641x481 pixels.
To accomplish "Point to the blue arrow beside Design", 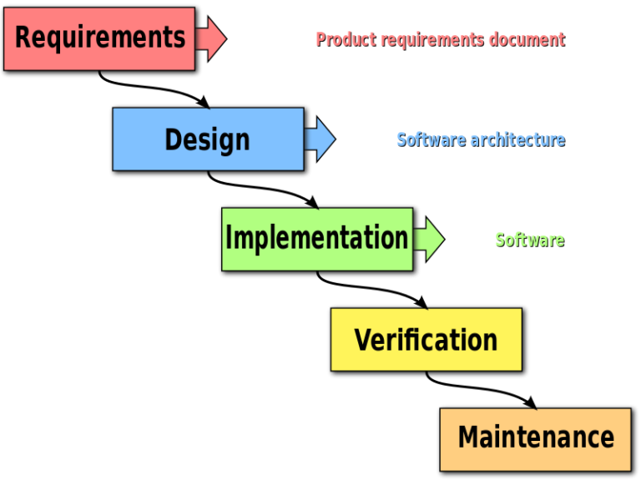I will [320, 139].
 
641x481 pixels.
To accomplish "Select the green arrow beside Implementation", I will [429, 240].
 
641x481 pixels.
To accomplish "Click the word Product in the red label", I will [346, 39].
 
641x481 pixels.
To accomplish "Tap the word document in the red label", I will [526, 39].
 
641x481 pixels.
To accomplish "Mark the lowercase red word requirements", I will [432, 39].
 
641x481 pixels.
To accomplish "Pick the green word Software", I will [529, 240].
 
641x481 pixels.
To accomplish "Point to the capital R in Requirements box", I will [23, 38].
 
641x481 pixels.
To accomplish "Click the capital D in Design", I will [173, 139].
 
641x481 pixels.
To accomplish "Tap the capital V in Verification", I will [363, 341].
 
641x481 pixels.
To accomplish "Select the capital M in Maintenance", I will [469, 438].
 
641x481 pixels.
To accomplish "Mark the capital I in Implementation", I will [229, 239].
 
